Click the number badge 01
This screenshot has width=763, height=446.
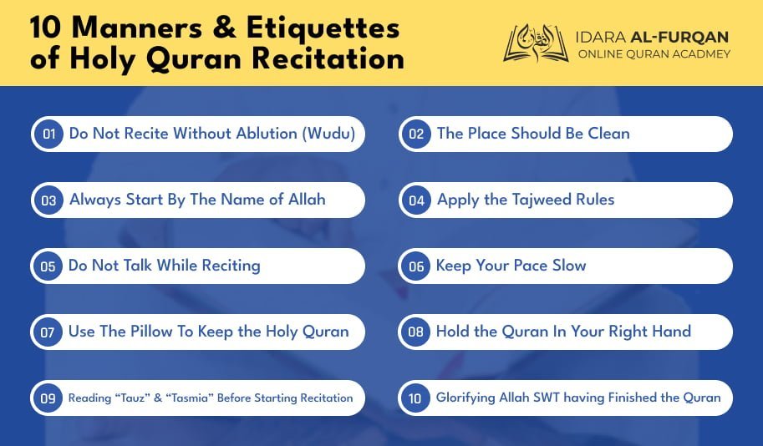click(48, 134)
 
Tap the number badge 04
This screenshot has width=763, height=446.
click(416, 200)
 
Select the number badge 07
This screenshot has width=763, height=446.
click(47, 332)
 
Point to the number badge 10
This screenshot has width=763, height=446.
click(415, 398)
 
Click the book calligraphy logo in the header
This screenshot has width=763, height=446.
click(536, 43)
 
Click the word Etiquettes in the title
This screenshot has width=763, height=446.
click(323, 28)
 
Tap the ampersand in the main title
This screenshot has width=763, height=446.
click(224, 28)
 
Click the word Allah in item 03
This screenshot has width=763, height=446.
click(307, 200)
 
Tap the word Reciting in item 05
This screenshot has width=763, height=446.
click(231, 266)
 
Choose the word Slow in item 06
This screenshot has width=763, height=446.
click(569, 265)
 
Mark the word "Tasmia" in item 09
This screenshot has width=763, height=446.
click(190, 398)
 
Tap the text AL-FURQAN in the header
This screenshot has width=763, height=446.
click(679, 37)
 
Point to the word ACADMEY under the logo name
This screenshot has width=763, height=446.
click(701, 54)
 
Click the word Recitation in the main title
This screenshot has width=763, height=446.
click(328, 58)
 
